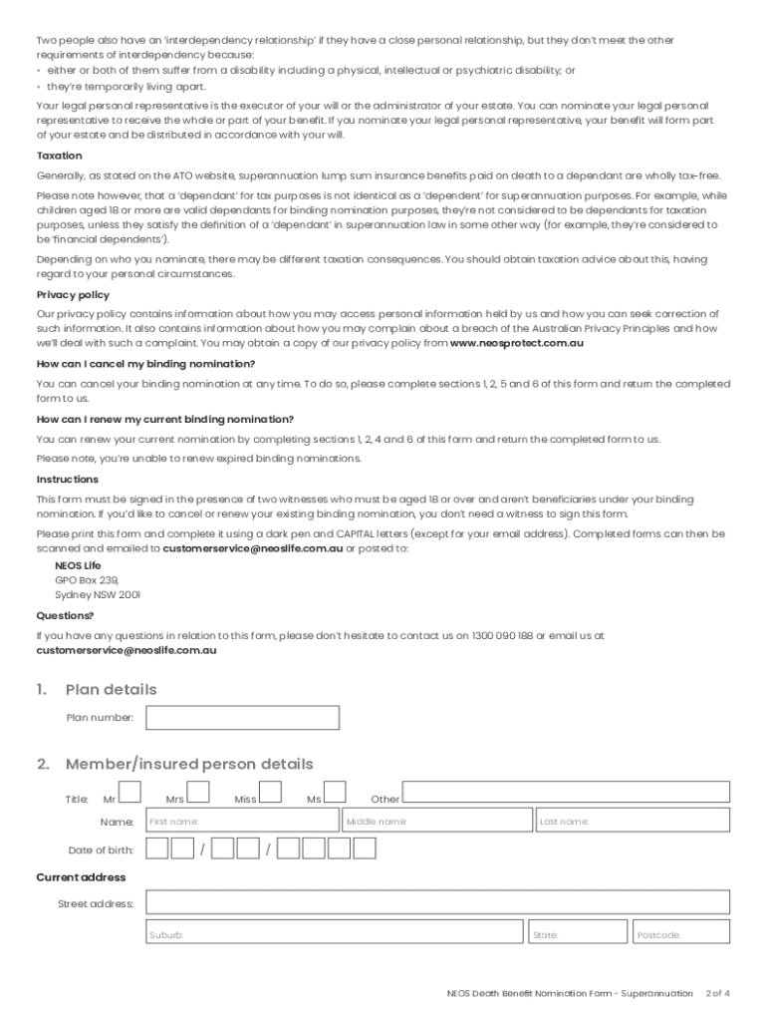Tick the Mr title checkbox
pos(129,794)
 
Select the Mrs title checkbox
pos(198,794)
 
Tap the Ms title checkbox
pos(335,794)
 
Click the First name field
pos(242,821)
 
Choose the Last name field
pos(633,821)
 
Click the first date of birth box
pos(156,850)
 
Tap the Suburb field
pos(334,932)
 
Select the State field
pos(578,932)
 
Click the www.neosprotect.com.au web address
pos(517,343)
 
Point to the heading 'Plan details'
pos(111,690)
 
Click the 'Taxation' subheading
pos(59,157)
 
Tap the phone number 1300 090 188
pos(503,635)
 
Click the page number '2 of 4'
pos(717,993)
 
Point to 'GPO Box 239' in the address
pos(87,579)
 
